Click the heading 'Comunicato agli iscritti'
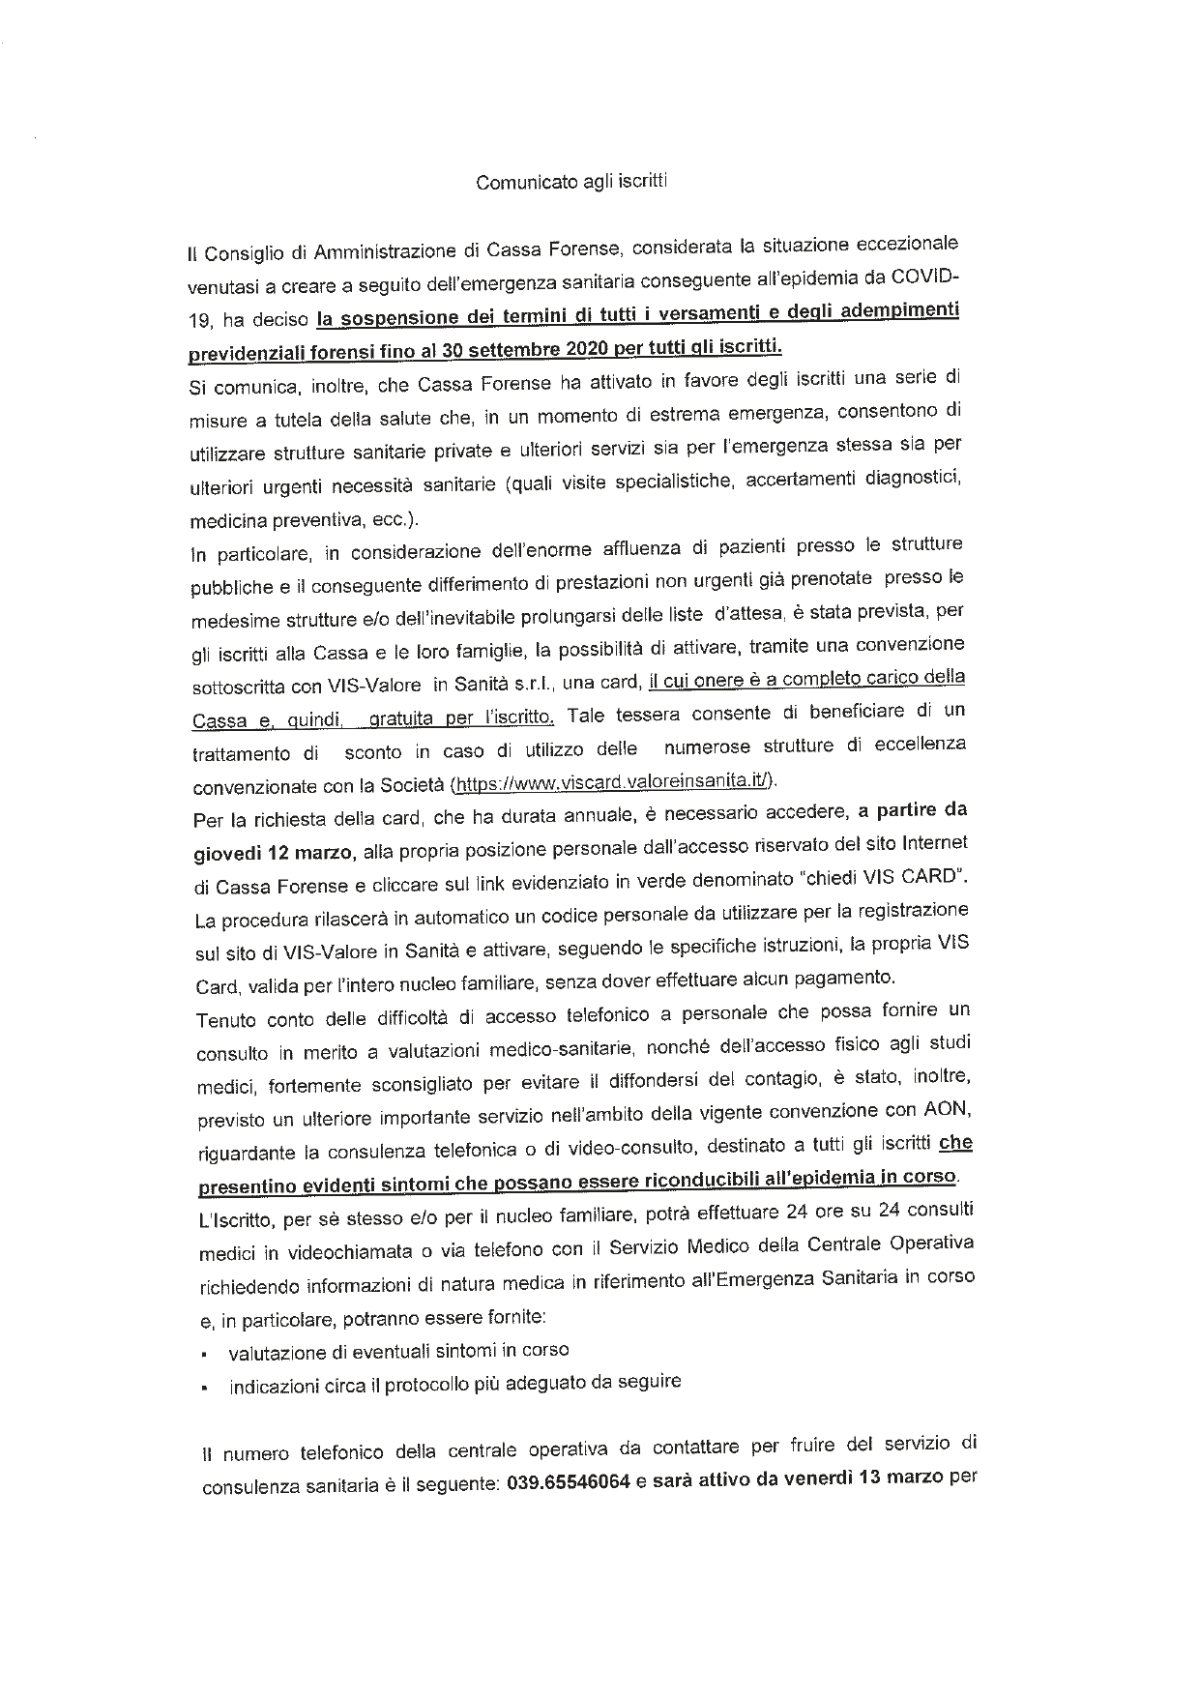(x=571, y=181)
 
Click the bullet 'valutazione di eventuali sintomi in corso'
(x=398, y=1350)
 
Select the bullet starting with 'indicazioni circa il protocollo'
(x=454, y=1384)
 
